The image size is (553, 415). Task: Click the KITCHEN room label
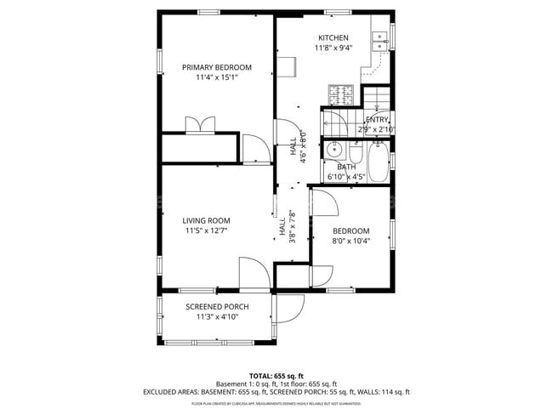pyautogui.click(x=333, y=38)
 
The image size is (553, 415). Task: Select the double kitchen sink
pyautogui.click(x=380, y=37)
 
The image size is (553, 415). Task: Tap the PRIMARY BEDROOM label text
pyautogui.click(x=217, y=67)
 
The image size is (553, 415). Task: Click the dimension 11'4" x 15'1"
pyautogui.click(x=217, y=77)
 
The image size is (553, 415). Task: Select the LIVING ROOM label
pyautogui.click(x=206, y=220)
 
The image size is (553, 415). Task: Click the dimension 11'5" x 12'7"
pyautogui.click(x=206, y=230)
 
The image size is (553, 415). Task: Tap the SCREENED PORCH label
pyautogui.click(x=217, y=307)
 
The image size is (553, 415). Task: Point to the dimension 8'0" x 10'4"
pyautogui.click(x=351, y=241)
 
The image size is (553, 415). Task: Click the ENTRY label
pyautogui.click(x=377, y=120)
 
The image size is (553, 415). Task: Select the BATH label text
pyautogui.click(x=346, y=167)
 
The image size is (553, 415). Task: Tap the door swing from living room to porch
pyautogui.click(x=254, y=274)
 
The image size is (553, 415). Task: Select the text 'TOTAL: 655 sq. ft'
pyautogui.click(x=276, y=375)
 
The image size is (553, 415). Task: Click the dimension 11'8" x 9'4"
pyautogui.click(x=333, y=48)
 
